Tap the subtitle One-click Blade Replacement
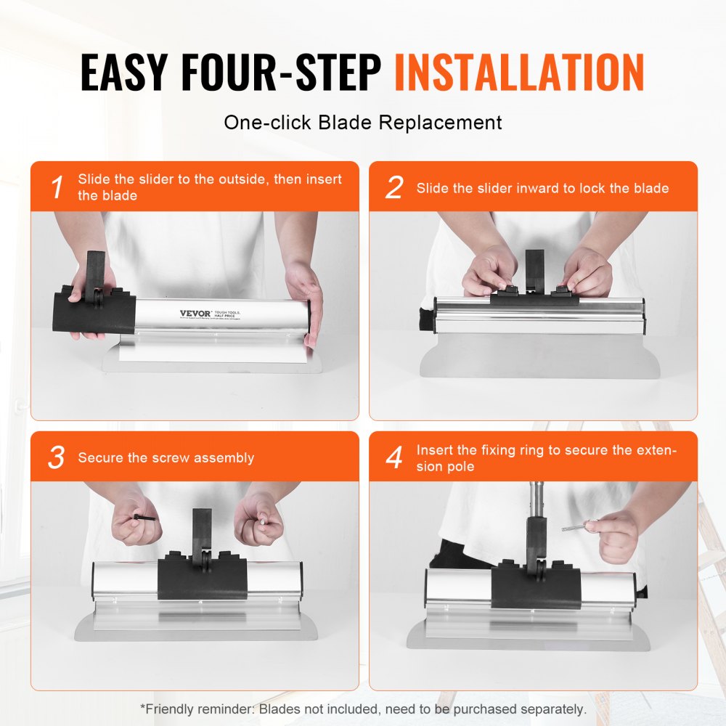[x=363, y=122]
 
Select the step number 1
[x=57, y=187]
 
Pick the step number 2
[x=393, y=187]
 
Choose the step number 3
[x=57, y=458]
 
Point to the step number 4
[x=394, y=458]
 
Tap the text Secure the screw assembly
[x=166, y=458]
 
